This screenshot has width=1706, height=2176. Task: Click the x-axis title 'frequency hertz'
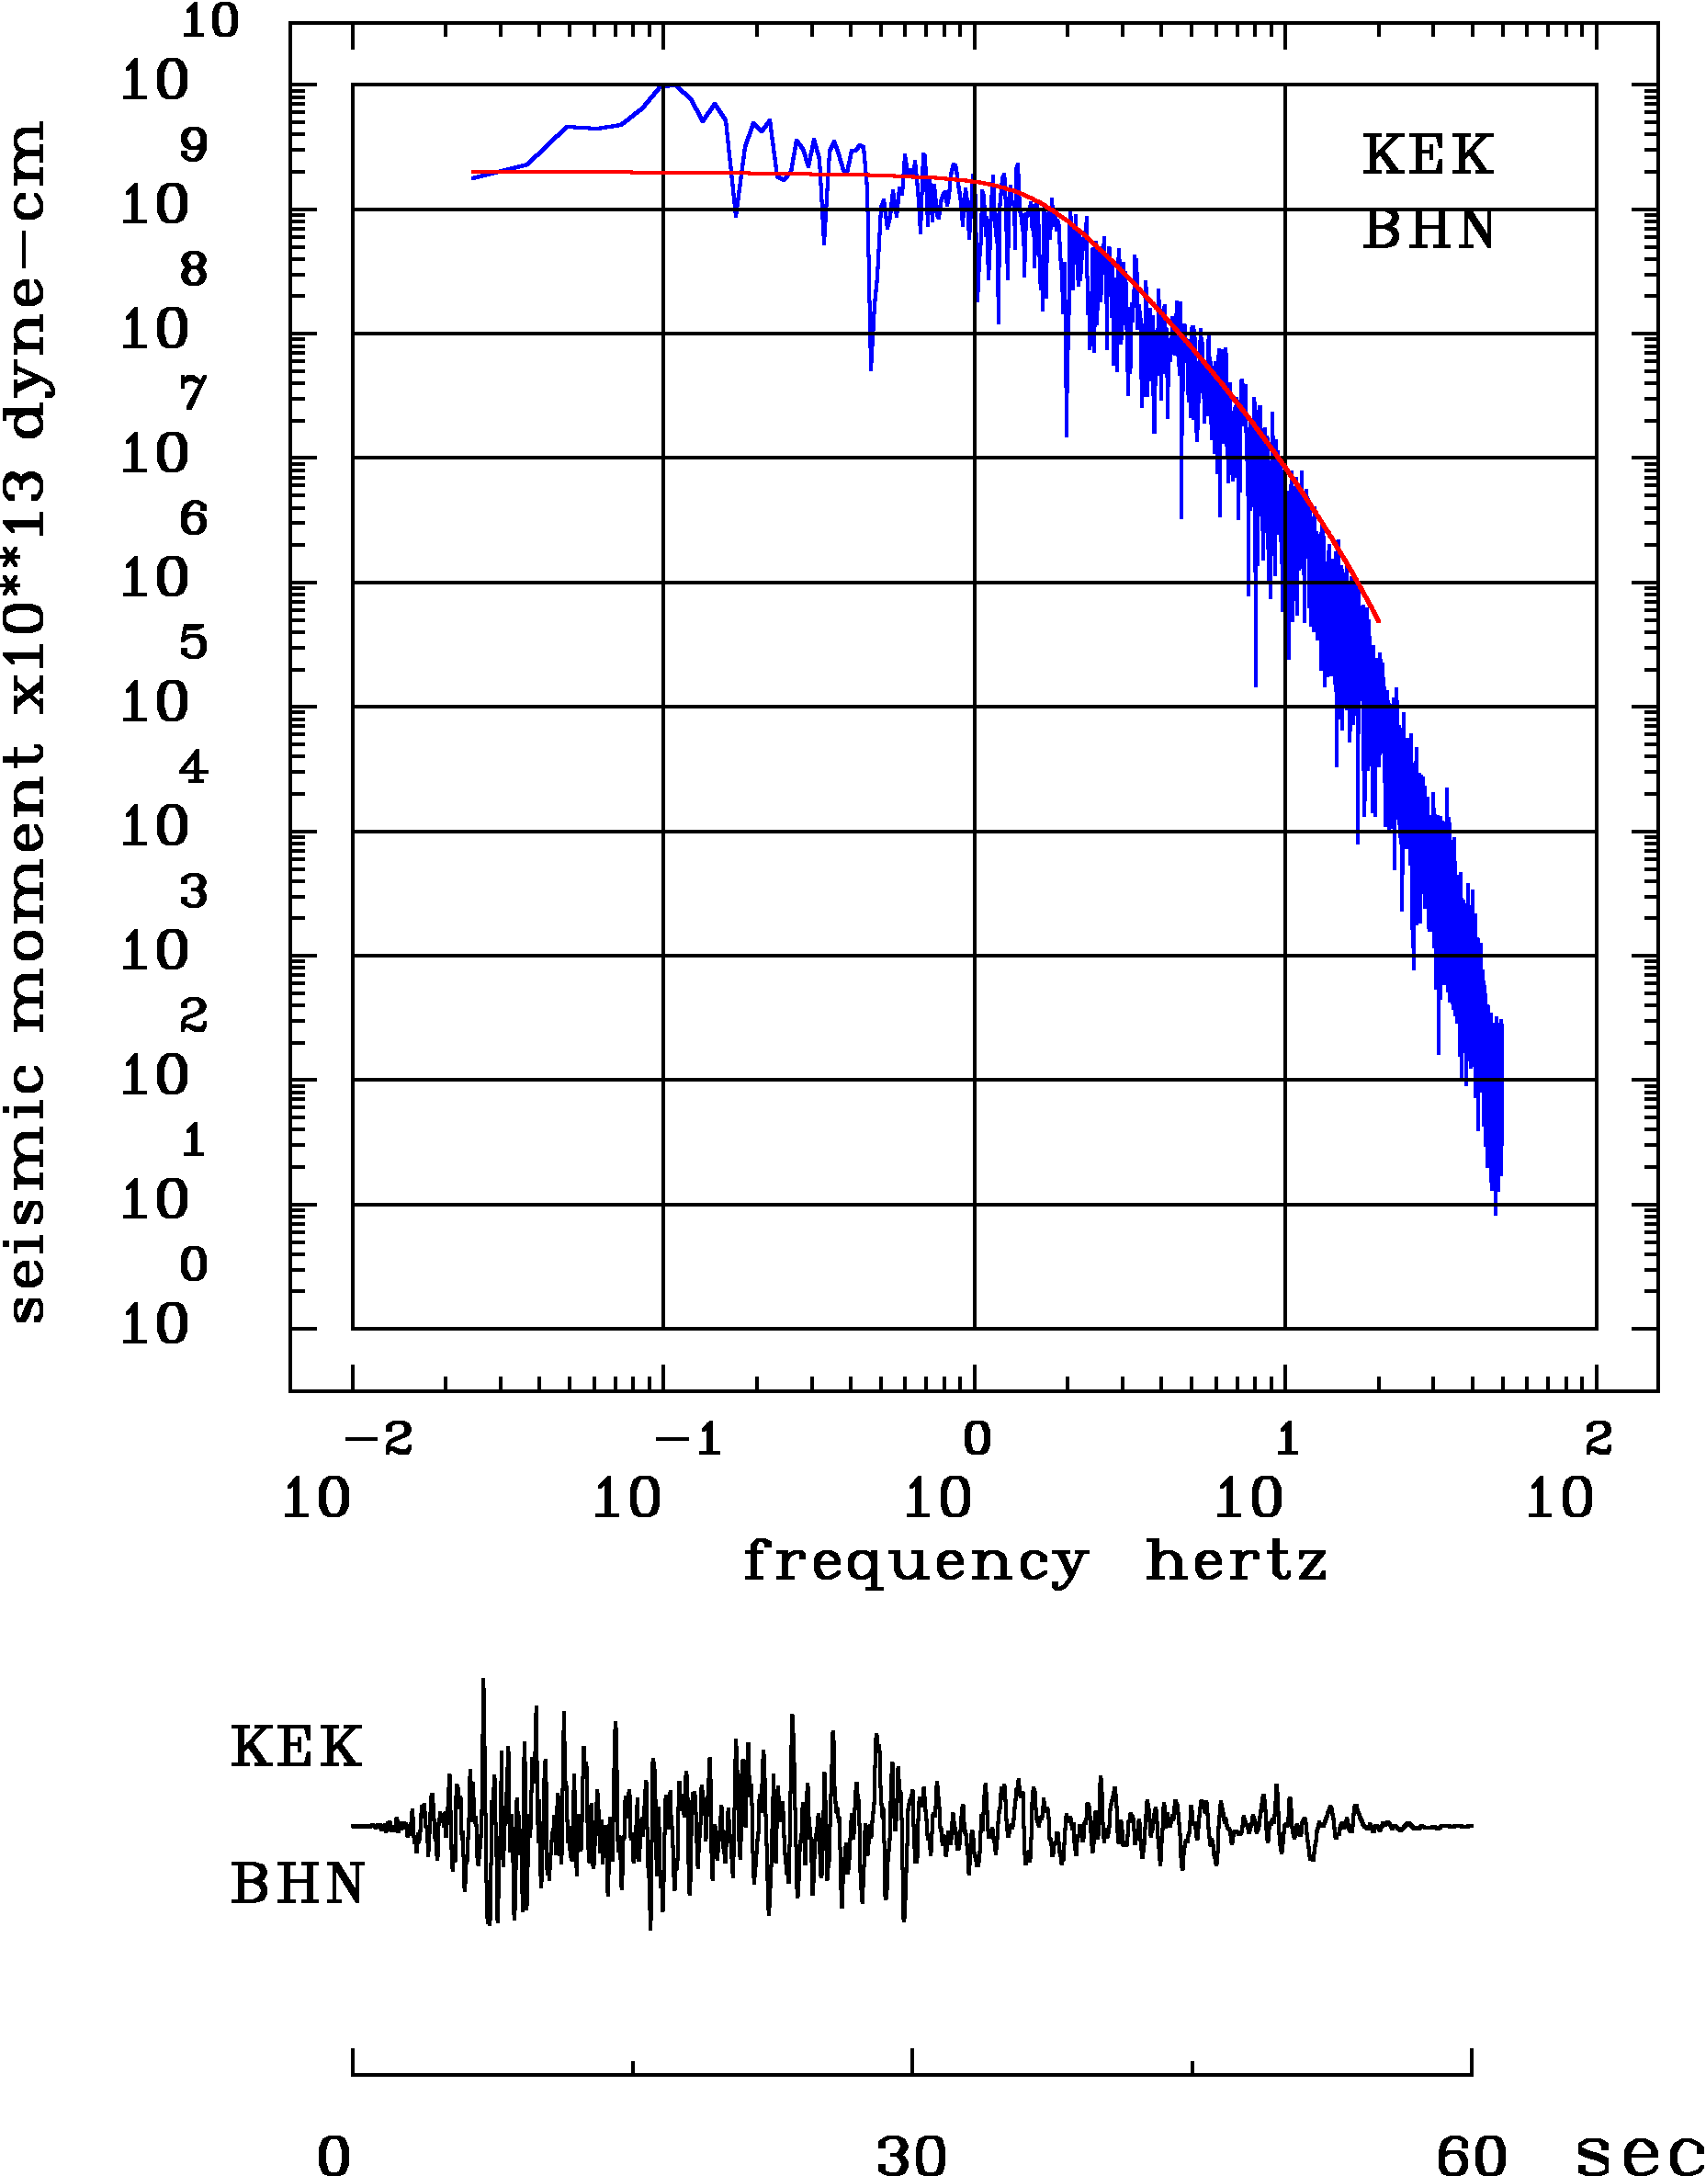(1034, 1561)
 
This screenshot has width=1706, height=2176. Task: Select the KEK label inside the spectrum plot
(1428, 155)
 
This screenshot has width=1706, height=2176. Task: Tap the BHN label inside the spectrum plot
(1429, 231)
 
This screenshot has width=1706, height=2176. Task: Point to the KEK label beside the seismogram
(296, 1748)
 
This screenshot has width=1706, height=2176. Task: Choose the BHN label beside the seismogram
(298, 1885)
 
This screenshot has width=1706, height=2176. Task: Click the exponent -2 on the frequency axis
(378, 1440)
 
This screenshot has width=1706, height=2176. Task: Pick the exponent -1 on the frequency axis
(688, 1440)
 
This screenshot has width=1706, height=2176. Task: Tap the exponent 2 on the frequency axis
(1599, 1440)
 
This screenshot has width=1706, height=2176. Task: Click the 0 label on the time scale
(334, 2154)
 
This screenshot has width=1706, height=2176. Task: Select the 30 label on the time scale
(911, 2154)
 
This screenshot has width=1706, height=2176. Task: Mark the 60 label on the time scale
(1471, 2154)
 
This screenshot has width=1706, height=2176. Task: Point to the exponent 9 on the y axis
(194, 146)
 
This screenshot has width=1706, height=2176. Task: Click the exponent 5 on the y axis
(194, 642)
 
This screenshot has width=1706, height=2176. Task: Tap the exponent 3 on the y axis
(194, 891)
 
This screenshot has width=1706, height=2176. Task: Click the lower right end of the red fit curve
(1378, 621)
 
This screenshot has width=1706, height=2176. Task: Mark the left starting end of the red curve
(472, 172)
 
